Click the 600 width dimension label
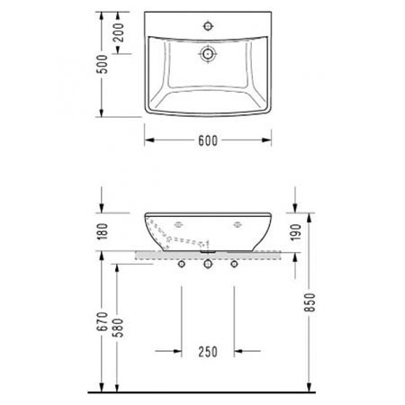click(x=208, y=140)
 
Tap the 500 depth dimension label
click(x=103, y=64)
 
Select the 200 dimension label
click(x=119, y=32)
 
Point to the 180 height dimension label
click(x=103, y=231)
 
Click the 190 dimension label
click(x=295, y=232)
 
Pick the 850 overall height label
click(x=310, y=302)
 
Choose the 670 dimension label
click(x=102, y=321)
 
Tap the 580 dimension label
click(x=118, y=328)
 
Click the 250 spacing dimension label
click(x=208, y=352)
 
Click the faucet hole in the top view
click(x=208, y=26)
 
